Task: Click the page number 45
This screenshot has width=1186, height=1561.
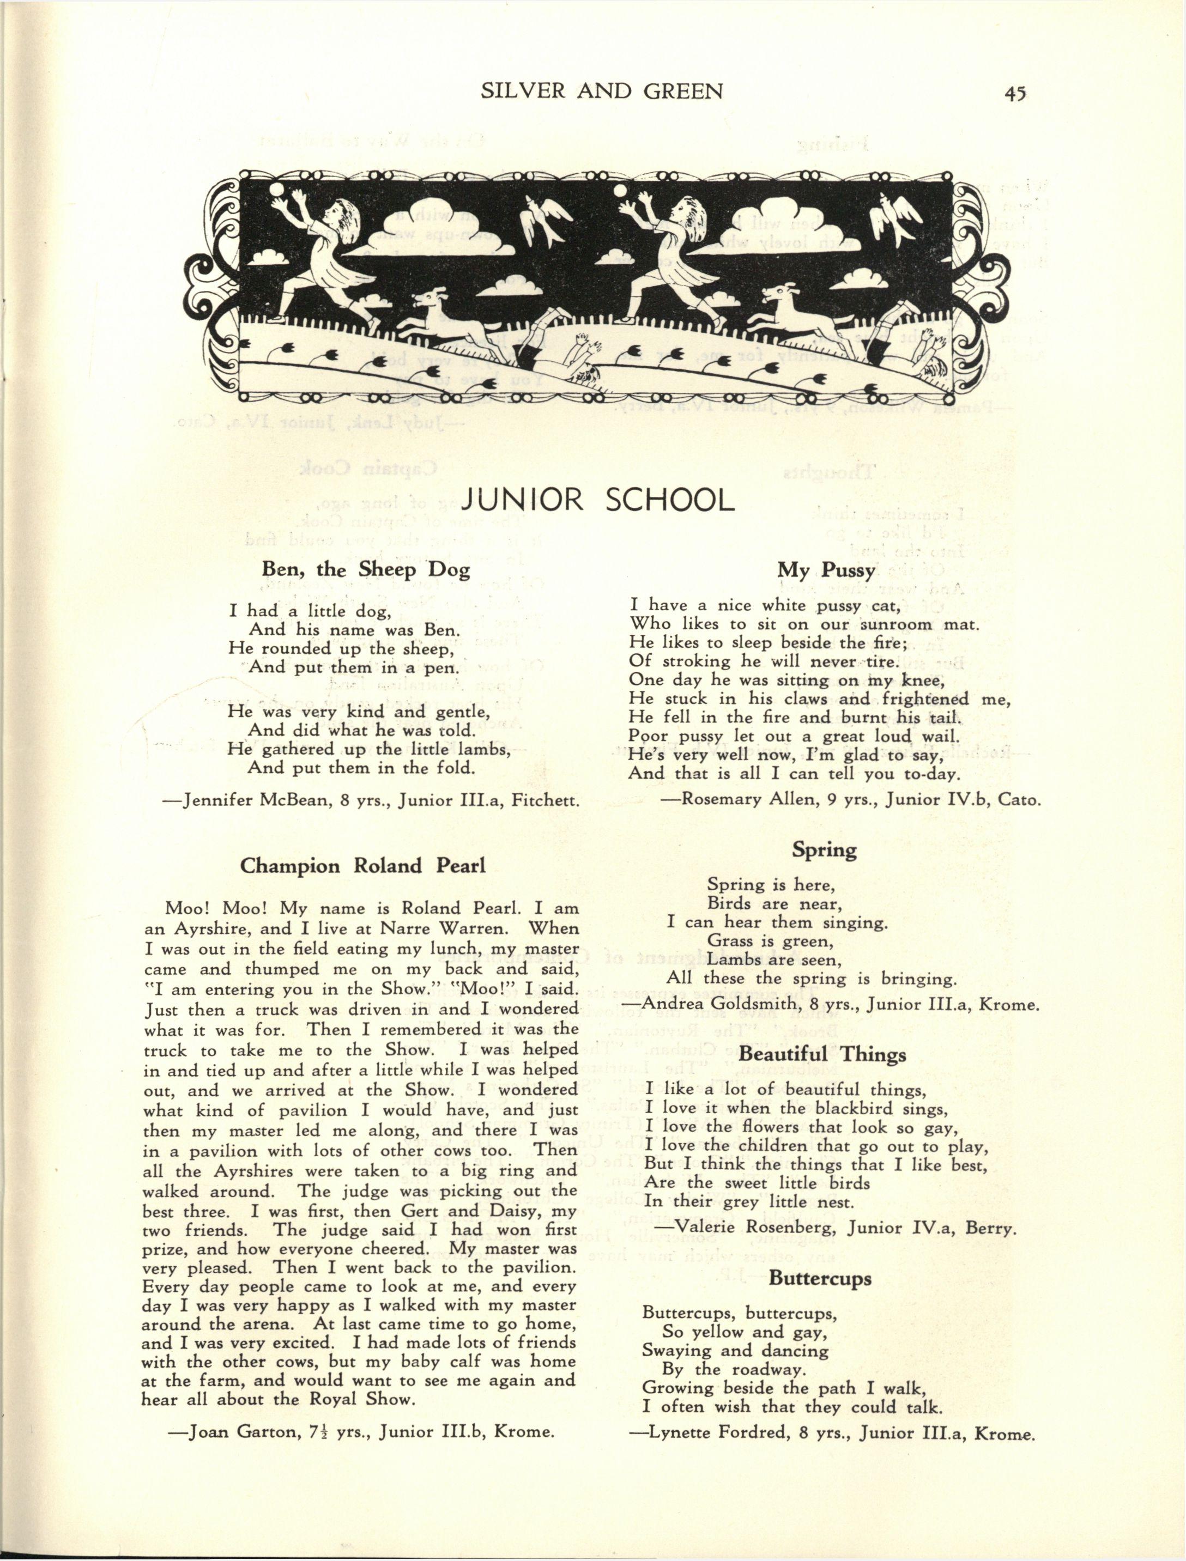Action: tap(1014, 93)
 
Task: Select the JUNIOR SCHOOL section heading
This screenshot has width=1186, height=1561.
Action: tap(596, 500)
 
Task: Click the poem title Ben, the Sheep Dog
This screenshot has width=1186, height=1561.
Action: tap(366, 569)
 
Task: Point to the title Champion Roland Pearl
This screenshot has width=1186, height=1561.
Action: tap(363, 866)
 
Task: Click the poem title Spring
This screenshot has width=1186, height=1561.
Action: tap(824, 849)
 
